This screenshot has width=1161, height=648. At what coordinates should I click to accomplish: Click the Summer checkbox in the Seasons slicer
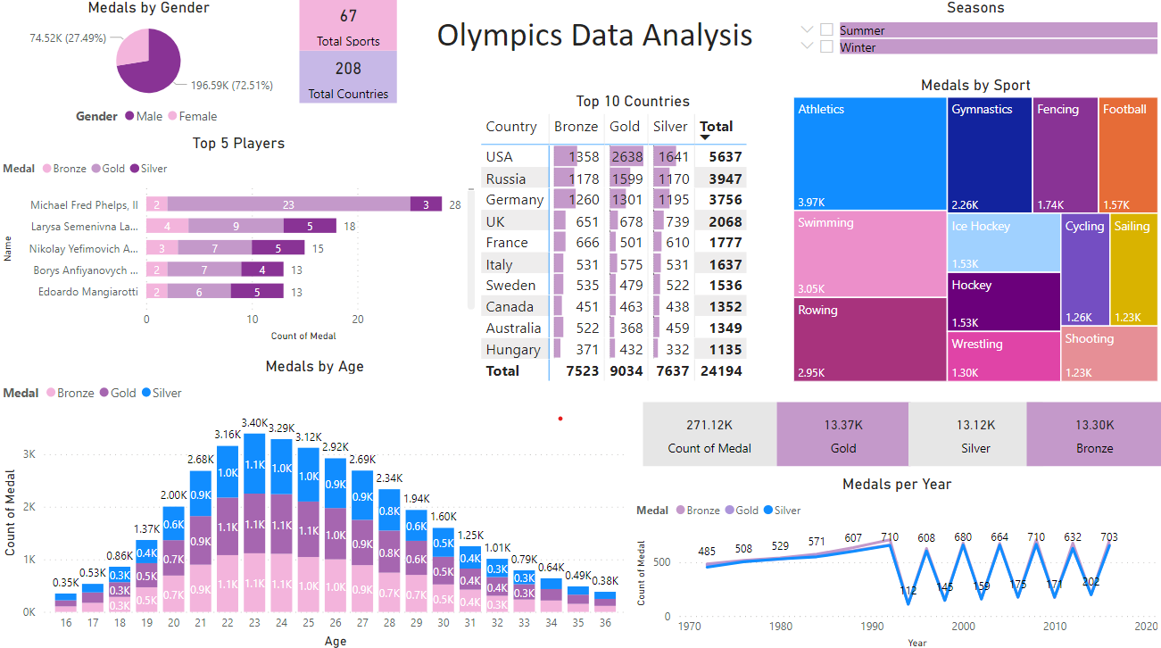pos(826,30)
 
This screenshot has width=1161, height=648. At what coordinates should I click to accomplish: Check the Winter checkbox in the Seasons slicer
pos(826,46)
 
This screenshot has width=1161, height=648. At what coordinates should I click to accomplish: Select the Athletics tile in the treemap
pos(869,152)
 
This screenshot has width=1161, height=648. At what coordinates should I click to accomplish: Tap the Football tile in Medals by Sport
pos(1127,152)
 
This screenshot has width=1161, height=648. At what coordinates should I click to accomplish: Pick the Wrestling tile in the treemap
pos(1003,355)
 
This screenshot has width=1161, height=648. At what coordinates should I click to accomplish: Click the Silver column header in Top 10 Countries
pos(671,127)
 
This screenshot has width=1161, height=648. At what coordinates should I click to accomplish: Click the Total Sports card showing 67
pos(348,26)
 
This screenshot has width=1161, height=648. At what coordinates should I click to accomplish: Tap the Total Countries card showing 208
pos(348,78)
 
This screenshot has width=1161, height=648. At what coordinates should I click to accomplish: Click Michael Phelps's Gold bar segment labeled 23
pos(288,205)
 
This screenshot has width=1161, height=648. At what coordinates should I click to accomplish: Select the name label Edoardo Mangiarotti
pos(87,292)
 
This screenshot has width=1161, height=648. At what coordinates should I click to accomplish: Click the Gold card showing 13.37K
pos(842,435)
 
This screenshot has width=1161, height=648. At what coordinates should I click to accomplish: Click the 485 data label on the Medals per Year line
pos(707,552)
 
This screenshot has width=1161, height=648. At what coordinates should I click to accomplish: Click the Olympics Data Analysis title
pos(594,36)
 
